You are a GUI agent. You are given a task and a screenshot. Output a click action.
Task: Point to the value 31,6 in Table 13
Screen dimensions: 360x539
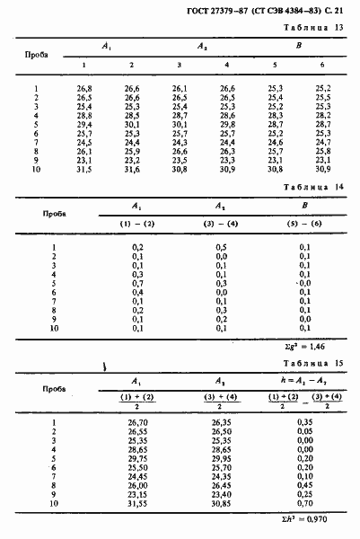[x=132, y=168]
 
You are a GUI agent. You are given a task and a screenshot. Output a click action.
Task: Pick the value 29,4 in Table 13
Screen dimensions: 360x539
[x=84, y=125]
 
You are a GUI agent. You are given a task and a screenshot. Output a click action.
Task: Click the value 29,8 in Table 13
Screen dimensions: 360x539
[x=227, y=125]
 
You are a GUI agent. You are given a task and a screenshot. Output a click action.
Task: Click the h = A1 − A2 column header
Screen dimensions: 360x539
[x=305, y=380]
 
